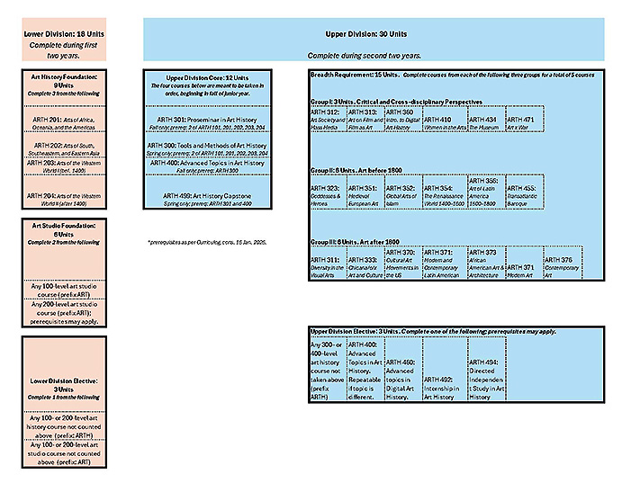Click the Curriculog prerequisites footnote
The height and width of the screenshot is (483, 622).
pyautogui.click(x=207, y=244)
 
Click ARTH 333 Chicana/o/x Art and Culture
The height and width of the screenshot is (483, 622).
pyautogui.click(x=365, y=266)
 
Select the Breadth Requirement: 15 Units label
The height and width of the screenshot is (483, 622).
pyautogui.click(x=351, y=72)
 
